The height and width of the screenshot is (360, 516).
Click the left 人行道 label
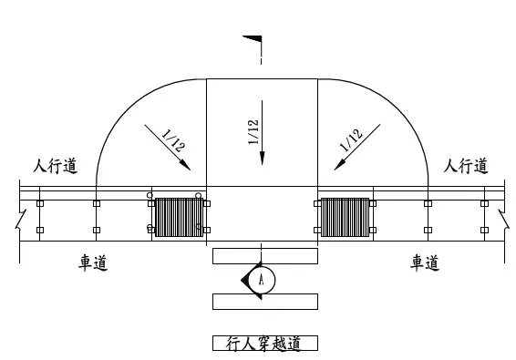click(x=56, y=166)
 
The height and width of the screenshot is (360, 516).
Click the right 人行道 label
click(x=466, y=166)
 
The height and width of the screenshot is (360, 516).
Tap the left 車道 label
click(x=93, y=262)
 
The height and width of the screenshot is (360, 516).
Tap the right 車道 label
click(x=425, y=262)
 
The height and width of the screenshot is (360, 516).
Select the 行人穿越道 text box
click(x=265, y=344)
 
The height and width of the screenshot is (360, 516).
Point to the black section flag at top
click(x=253, y=39)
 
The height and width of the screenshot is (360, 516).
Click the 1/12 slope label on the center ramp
click(x=253, y=132)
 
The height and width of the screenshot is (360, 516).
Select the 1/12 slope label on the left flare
click(x=173, y=140)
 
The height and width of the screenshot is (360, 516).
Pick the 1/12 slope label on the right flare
click(x=351, y=140)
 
